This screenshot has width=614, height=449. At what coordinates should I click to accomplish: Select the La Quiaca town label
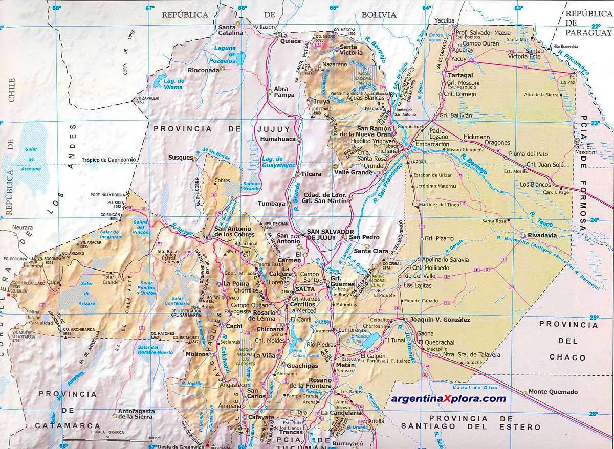[x=292, y=35]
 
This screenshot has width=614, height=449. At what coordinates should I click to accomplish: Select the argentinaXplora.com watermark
[x=448, y=399]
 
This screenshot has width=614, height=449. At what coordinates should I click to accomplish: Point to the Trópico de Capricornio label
[x=109, y=160]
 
